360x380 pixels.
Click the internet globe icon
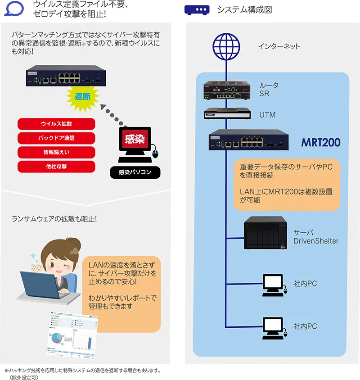[x=225, y=46]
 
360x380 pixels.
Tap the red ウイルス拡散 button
[x=56, y=124]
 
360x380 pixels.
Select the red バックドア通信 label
[x=56, y=138]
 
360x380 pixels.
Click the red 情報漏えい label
[x=56, y=152]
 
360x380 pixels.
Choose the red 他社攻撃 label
[x=56, y=167]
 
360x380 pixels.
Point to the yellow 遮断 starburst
[x=82, y=97]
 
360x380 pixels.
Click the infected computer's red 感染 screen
[x=134, y=140]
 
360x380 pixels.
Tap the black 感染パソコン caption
[x=135, y=172]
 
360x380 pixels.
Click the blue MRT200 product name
[x=320, y=143]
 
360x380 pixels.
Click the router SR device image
[x=225, y=90]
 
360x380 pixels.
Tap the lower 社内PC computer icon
[x=273, y=327]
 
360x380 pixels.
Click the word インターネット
[x=279, y=46]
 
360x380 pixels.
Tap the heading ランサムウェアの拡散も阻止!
[x=54, y=219]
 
